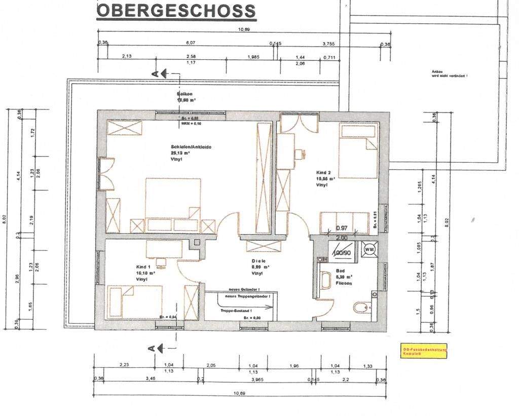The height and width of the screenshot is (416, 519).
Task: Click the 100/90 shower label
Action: [342, 252]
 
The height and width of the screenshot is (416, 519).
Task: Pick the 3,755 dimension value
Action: [328, 44]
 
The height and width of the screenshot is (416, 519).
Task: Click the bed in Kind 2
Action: [358, 152]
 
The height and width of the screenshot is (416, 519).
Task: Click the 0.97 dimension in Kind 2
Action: [342, 228]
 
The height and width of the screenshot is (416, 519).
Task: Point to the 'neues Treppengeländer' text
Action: [247, 295]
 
